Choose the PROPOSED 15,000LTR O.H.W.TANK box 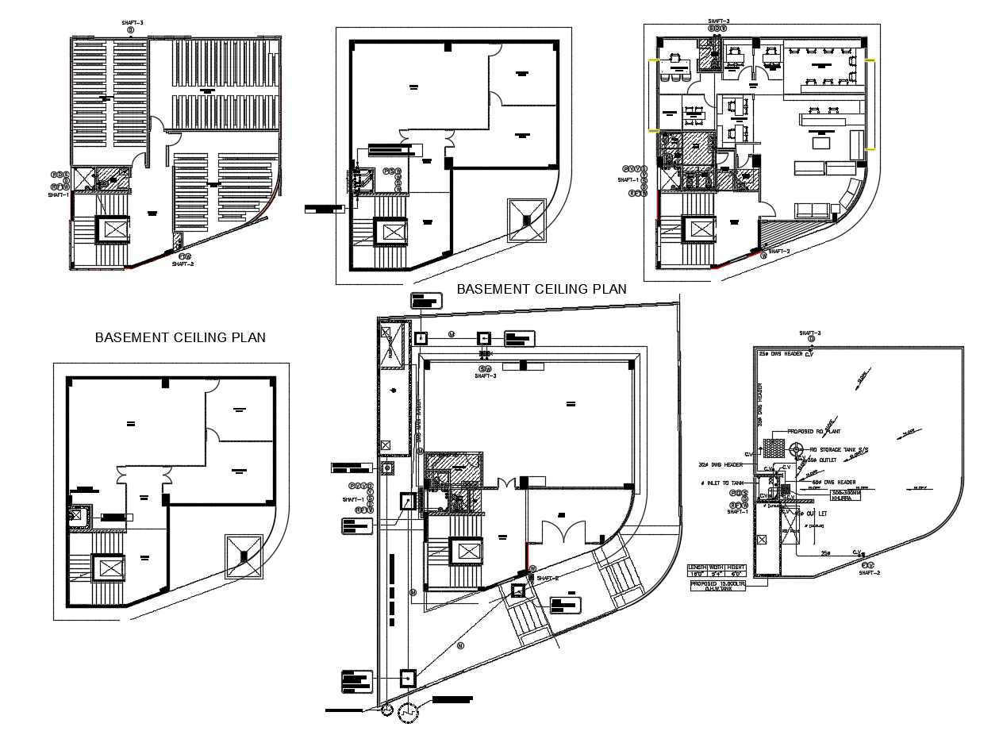click(x=717, y=586)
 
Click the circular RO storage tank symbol click(x=797, y=450)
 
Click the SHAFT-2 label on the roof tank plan click(x=870, y=572)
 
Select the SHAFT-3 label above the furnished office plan click(x=718, y=21)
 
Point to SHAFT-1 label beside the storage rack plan click(x=59, y=194)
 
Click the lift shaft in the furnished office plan click(x=701, y=230)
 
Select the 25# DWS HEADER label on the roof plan click(x=781, y=354)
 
